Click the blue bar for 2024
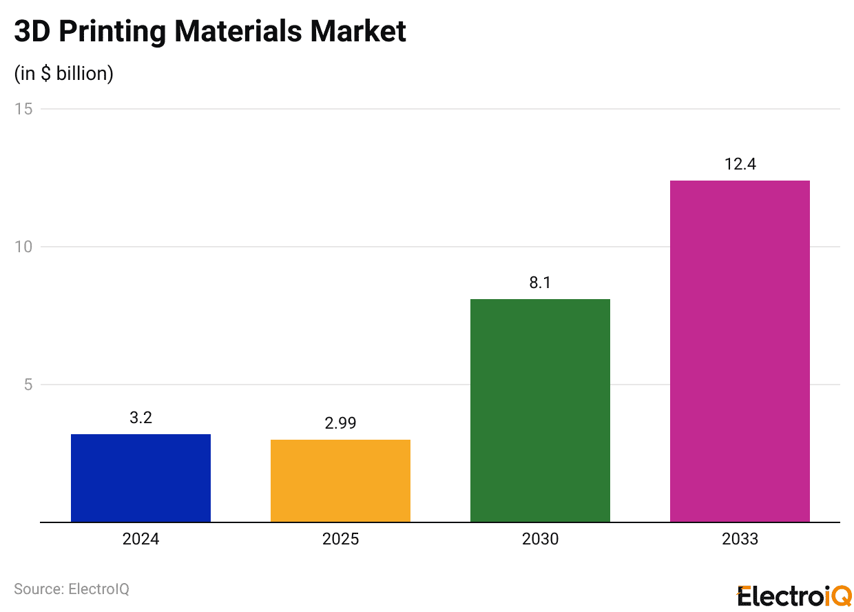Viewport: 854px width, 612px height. click(x=140, y=478)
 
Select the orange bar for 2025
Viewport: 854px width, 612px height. click(x=340, y=480)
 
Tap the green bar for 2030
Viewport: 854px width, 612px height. click(x=540, y=410)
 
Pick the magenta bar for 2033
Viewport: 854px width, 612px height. click(x=740, y=351)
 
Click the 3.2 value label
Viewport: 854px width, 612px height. click(x=140, y=418)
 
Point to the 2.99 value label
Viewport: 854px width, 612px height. click(x=340, y=423)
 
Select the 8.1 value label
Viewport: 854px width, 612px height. click(x=540, y=283)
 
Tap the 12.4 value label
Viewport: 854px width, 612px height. click(x=740, y=164)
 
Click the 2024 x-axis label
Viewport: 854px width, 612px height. click(x=140, y=539)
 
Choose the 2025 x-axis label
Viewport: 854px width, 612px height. click(x=340, y=539)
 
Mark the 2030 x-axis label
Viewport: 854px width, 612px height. click(x=540, y=539)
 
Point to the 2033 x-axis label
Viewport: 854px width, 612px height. click(x=740, y=539)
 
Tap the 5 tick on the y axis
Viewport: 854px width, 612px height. click(x=28, y=385)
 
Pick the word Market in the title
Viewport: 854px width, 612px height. click(x=358, y=32)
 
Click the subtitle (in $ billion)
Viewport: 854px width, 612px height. click(x=63, y=73)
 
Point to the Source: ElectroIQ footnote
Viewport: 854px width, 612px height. click(x=72, y=589)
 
